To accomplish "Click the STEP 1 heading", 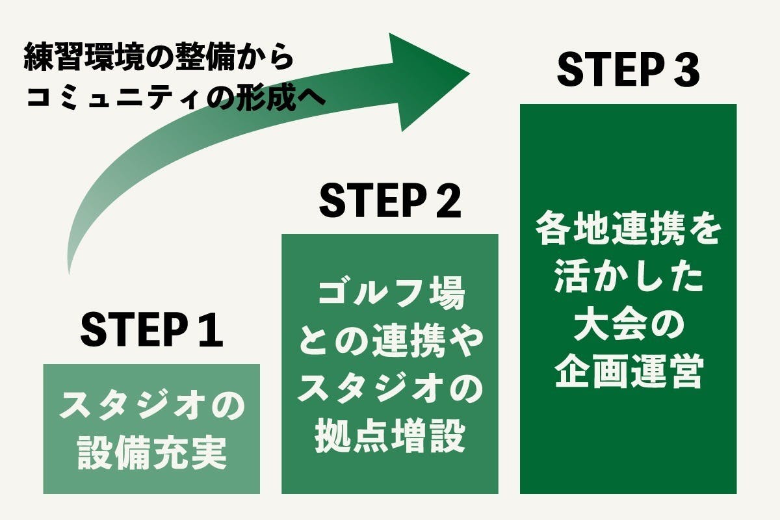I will tap(151, 331).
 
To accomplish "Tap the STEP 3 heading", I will tap(628, 71).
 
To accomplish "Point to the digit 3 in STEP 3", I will tap(685, 71).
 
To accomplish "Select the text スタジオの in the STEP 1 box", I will tap(151, 408).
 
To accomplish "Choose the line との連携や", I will tap(390, 343).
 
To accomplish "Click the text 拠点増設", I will tap(390, 437).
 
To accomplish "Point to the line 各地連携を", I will tap(628, 231).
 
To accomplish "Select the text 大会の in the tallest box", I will tap(628, 326).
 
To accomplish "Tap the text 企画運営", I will tap(628, 373).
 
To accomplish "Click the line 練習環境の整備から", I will tap(159, 59).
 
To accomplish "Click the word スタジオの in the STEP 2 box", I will tap(390, 390).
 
